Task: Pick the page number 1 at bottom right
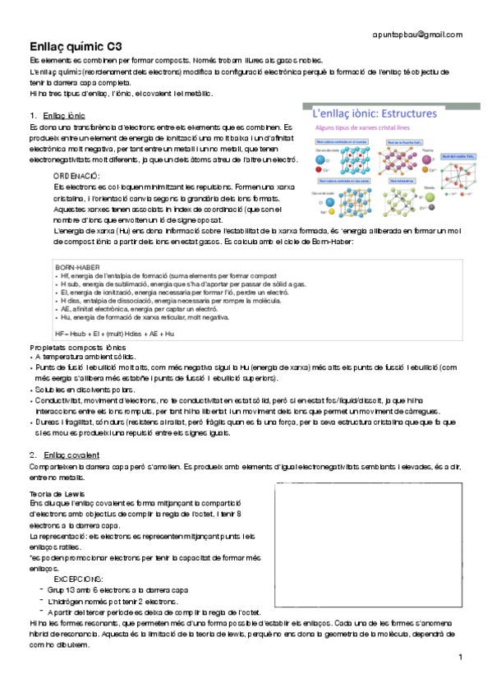click(x=461, y=656)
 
